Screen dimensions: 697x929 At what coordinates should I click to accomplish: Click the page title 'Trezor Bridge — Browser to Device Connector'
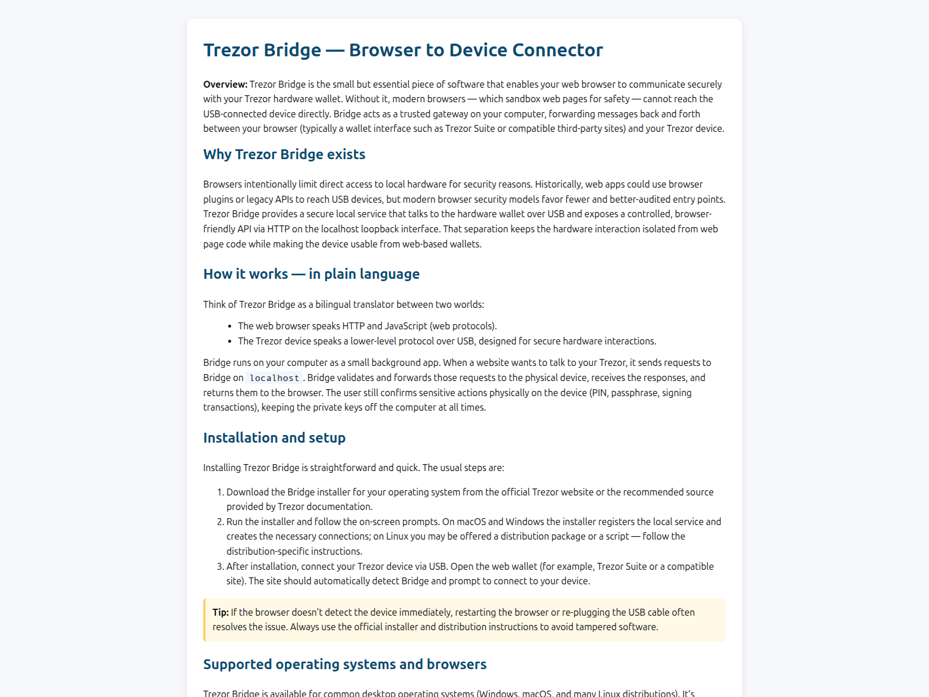pos(403,50)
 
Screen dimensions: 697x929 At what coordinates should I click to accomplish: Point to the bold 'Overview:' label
pos(225,84)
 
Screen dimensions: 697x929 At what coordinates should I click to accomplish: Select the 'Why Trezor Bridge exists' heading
pos(284,155)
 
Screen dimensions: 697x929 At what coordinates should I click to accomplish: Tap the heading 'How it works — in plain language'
pos(311,274)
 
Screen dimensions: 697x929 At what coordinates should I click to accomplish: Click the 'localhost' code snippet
pos(274,378)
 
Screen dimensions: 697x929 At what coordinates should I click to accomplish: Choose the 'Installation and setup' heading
pos(274,438)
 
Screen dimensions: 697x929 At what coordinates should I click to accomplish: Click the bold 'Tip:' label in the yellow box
pos(221,612)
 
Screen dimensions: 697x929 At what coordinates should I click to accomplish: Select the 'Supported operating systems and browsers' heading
pos(345,664)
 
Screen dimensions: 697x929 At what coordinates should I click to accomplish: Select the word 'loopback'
pos(398,229)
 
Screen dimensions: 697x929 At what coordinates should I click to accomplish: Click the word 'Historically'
pos(558,184)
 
